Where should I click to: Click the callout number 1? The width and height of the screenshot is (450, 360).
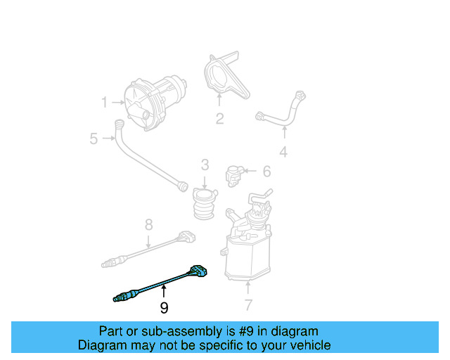pyautogui.click(x=104, y=103)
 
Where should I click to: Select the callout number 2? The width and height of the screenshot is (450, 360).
pyautogui.click(x=219, y=119)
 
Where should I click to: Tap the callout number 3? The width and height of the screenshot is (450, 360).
pyautogui.click(x=205, y=165)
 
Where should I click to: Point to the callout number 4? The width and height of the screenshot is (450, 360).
pyautogui.click(x=283, y=151)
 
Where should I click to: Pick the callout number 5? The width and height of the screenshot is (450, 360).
pyautogui.click(x=94, y=139)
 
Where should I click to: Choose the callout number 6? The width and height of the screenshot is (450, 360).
pyautogui.click(x=266, y=172)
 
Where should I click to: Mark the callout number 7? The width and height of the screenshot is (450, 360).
pyautogui.click(x=248, y=304)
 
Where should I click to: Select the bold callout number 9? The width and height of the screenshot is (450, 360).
pyautogui.click(x=164, y=307)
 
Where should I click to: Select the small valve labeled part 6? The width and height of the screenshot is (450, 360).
pyautogui.click(x=234, y=173)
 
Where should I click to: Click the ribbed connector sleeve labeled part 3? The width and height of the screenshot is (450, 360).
pyautogui.click(x=205, y=204)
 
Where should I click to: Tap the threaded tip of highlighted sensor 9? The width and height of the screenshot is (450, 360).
pyautogui.click(x=118, y=299)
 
